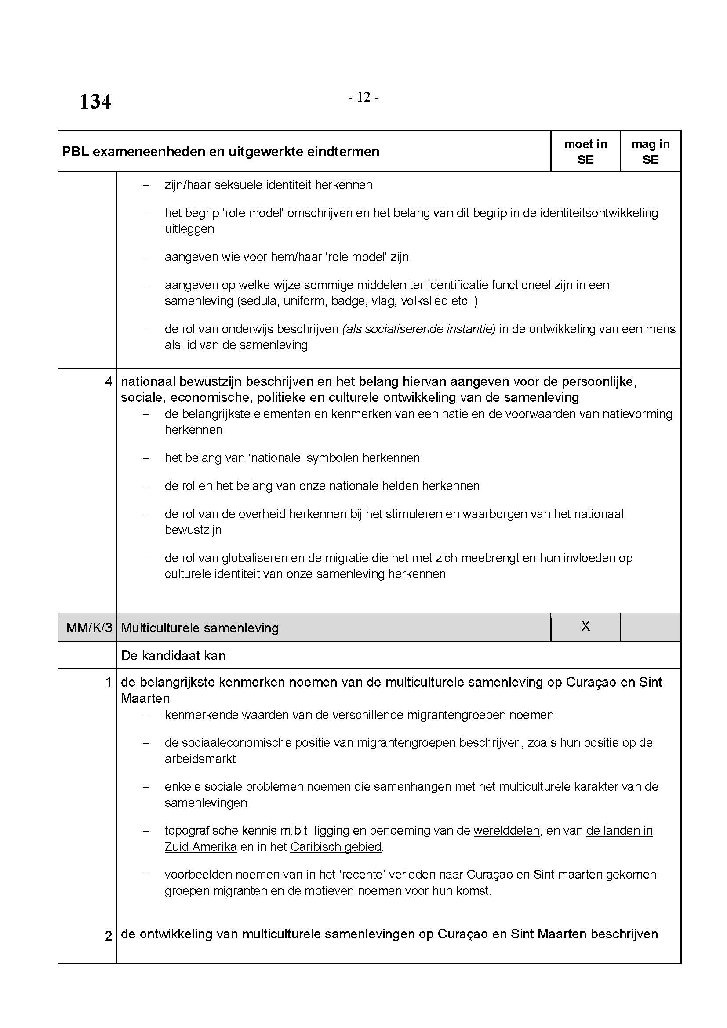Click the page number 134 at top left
click(95, 102)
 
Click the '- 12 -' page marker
click(363, 97)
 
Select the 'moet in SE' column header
click(585, 151)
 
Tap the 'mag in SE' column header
click(650, 151)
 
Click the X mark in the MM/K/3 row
click(585, 626)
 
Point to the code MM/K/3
click(89, 628)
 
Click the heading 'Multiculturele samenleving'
click(200, 628)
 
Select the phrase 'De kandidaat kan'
click(173, 655)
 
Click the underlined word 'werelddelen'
click(506, 831)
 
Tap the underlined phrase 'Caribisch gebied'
click(336, 846)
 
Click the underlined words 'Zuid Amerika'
click(200, 846)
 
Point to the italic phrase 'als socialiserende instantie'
click(419, 329)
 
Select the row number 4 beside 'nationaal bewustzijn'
click(108, 381)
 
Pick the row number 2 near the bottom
click(108, 936)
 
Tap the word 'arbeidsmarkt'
click(200, 759)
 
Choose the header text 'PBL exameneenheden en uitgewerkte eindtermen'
click(220, 152)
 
